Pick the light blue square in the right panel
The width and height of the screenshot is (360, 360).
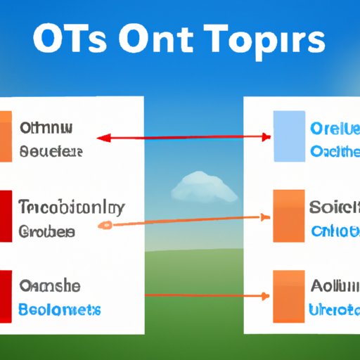tap(288, 136)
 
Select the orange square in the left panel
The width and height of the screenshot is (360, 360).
tap(6, 136)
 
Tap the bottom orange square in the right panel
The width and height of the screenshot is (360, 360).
tap(288, 298)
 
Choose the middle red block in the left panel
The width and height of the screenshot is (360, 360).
tap(6, 217)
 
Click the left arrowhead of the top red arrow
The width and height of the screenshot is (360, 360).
tap(101, 139)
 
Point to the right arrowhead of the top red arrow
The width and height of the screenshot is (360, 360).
tap(266, 136)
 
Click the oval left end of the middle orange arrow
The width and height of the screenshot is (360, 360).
tap(105, 226)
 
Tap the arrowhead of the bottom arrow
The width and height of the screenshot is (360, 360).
tap(266, 296)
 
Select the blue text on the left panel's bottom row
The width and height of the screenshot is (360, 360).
tap(60, 309)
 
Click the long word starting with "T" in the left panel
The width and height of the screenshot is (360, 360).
tap(72, 208)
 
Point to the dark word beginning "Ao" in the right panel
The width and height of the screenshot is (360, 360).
tap(335, 286)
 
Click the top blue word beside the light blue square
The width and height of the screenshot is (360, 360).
tap(335, 129)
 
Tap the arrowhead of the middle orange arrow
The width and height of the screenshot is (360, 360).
tap(266, 216)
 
